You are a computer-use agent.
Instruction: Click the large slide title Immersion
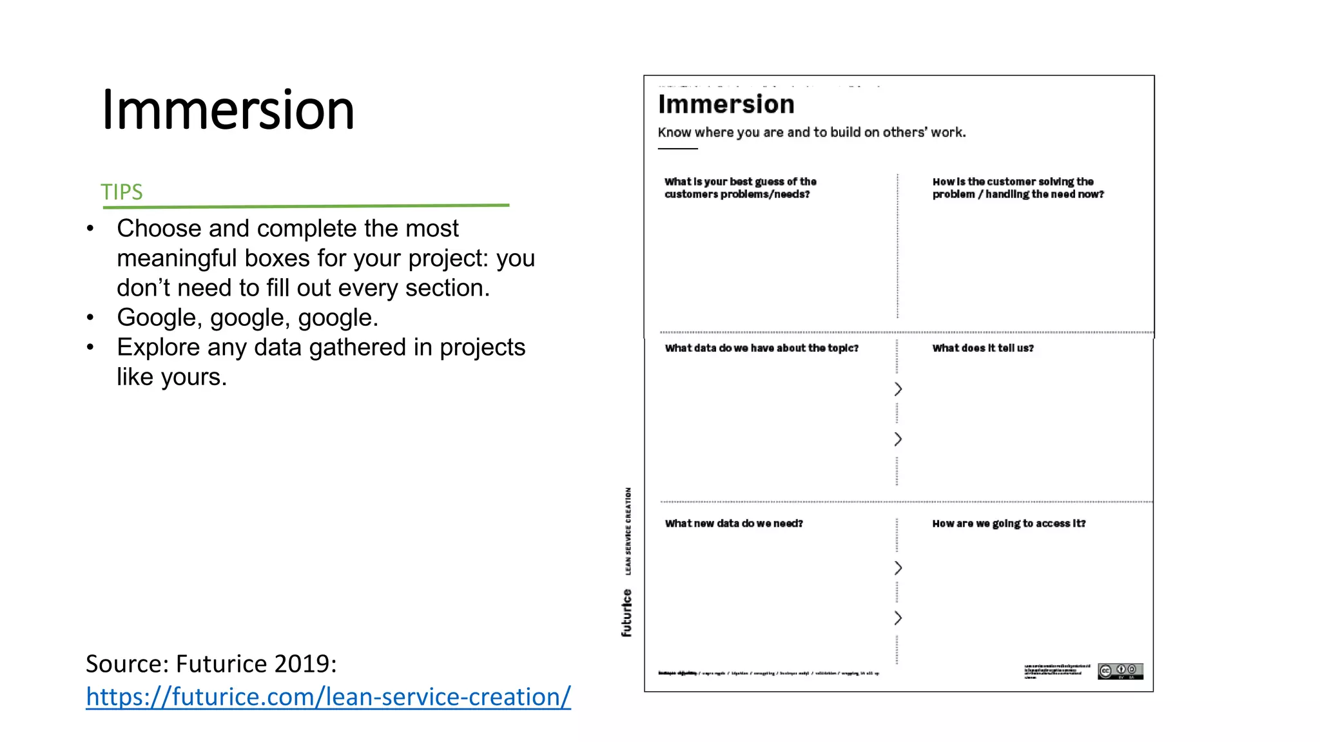coord(228,110)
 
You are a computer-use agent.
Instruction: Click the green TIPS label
coord(121,192)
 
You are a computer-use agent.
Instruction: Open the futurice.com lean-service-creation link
coord(328,697)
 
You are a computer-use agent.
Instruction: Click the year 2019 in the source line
coord(302,663)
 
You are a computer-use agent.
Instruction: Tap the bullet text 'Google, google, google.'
coord(247,318)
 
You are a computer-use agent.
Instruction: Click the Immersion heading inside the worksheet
coord(726,104)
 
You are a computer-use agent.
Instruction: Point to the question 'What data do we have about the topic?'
coord(761,348)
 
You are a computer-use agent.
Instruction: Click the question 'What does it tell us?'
coord(982,348)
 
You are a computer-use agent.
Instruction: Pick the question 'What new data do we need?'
coord(733,523)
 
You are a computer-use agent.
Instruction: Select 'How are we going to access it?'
coord(1009,523)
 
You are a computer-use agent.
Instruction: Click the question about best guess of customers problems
coord(740,187)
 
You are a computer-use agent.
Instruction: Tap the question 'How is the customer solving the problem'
coord(1017,187)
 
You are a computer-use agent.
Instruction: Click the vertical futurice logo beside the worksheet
coord(626,613)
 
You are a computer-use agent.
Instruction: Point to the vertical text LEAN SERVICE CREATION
coord(628,531)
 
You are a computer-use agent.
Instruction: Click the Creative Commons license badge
coord(1120,671)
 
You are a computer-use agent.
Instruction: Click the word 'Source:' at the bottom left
coord(127,663)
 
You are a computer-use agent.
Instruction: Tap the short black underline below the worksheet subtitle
coord(677,149)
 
